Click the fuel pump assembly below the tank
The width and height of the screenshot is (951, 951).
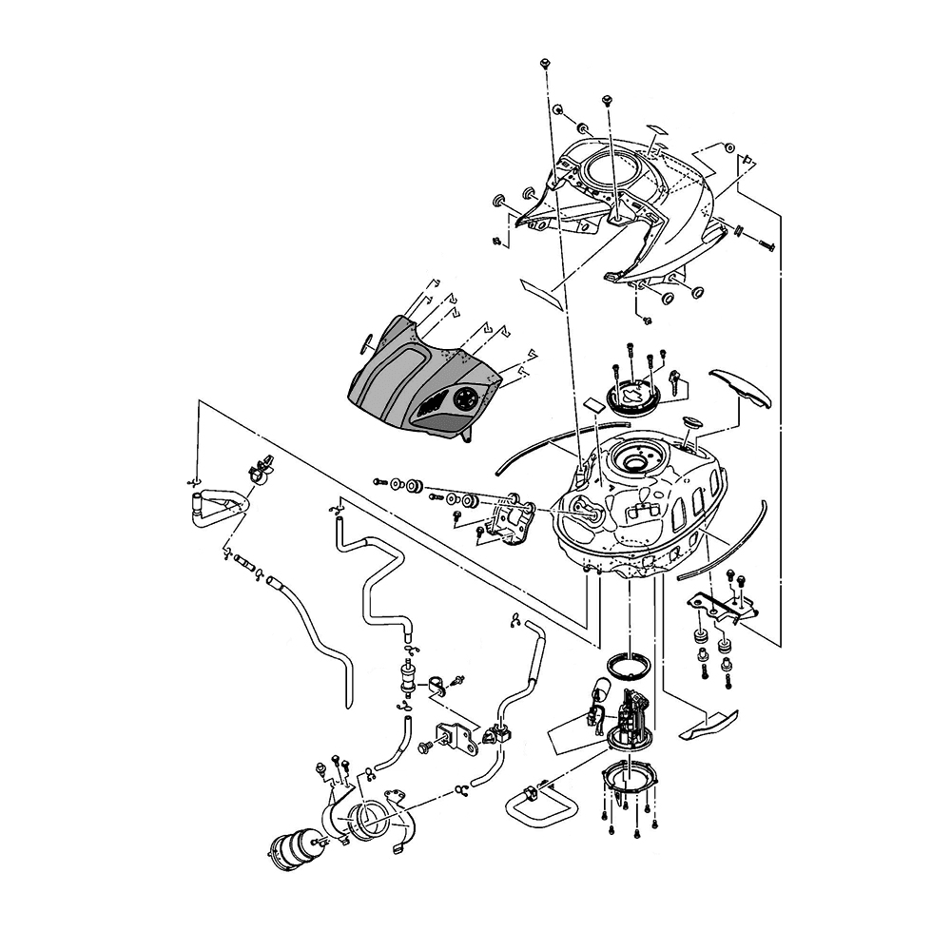(628, 718)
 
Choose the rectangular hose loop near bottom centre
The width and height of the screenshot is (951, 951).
(539, 805)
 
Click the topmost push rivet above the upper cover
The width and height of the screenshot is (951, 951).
(544, 62)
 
